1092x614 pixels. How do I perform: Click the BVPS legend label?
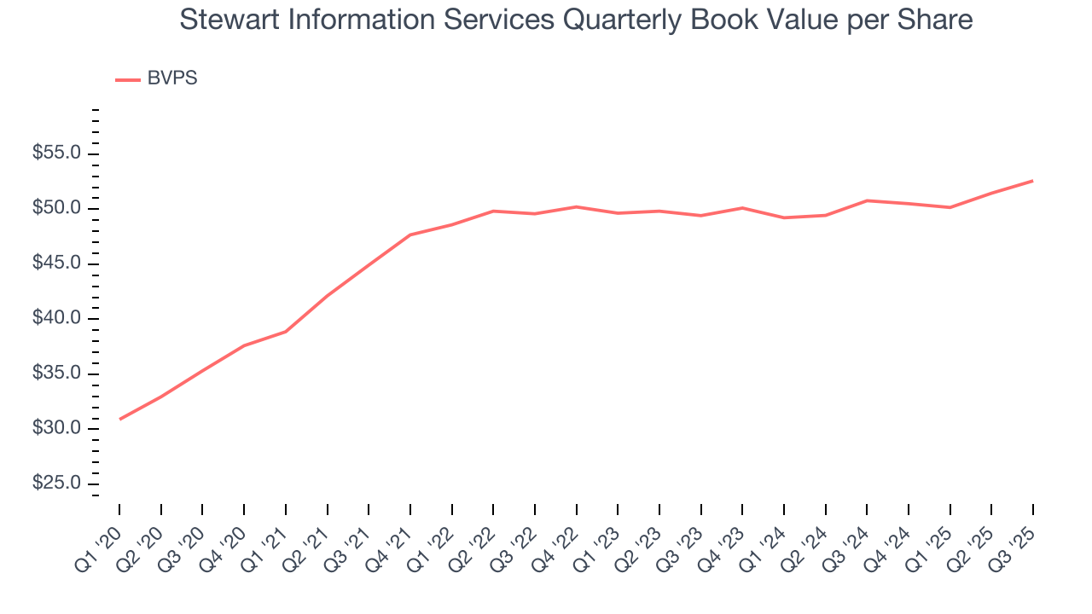point(171,78)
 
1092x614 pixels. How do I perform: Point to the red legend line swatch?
point(128,79)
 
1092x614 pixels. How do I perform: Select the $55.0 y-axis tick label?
point(57,153)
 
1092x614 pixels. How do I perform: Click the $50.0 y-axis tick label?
point(57,209)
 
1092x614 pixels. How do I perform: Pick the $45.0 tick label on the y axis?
point(57,264)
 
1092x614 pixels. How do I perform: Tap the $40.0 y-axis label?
point(57,319)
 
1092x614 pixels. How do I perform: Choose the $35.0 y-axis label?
point(57,374)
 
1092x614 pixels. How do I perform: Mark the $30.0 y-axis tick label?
point(57,428)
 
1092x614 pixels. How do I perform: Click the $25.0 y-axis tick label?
point(57,484)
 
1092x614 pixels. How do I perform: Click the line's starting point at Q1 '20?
point(119,419)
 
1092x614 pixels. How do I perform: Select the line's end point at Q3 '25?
point(1033,181)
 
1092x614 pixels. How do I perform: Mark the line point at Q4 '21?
point(410,235)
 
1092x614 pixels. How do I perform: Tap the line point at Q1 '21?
point(286,332)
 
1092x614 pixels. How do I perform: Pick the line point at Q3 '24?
point(867,200)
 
